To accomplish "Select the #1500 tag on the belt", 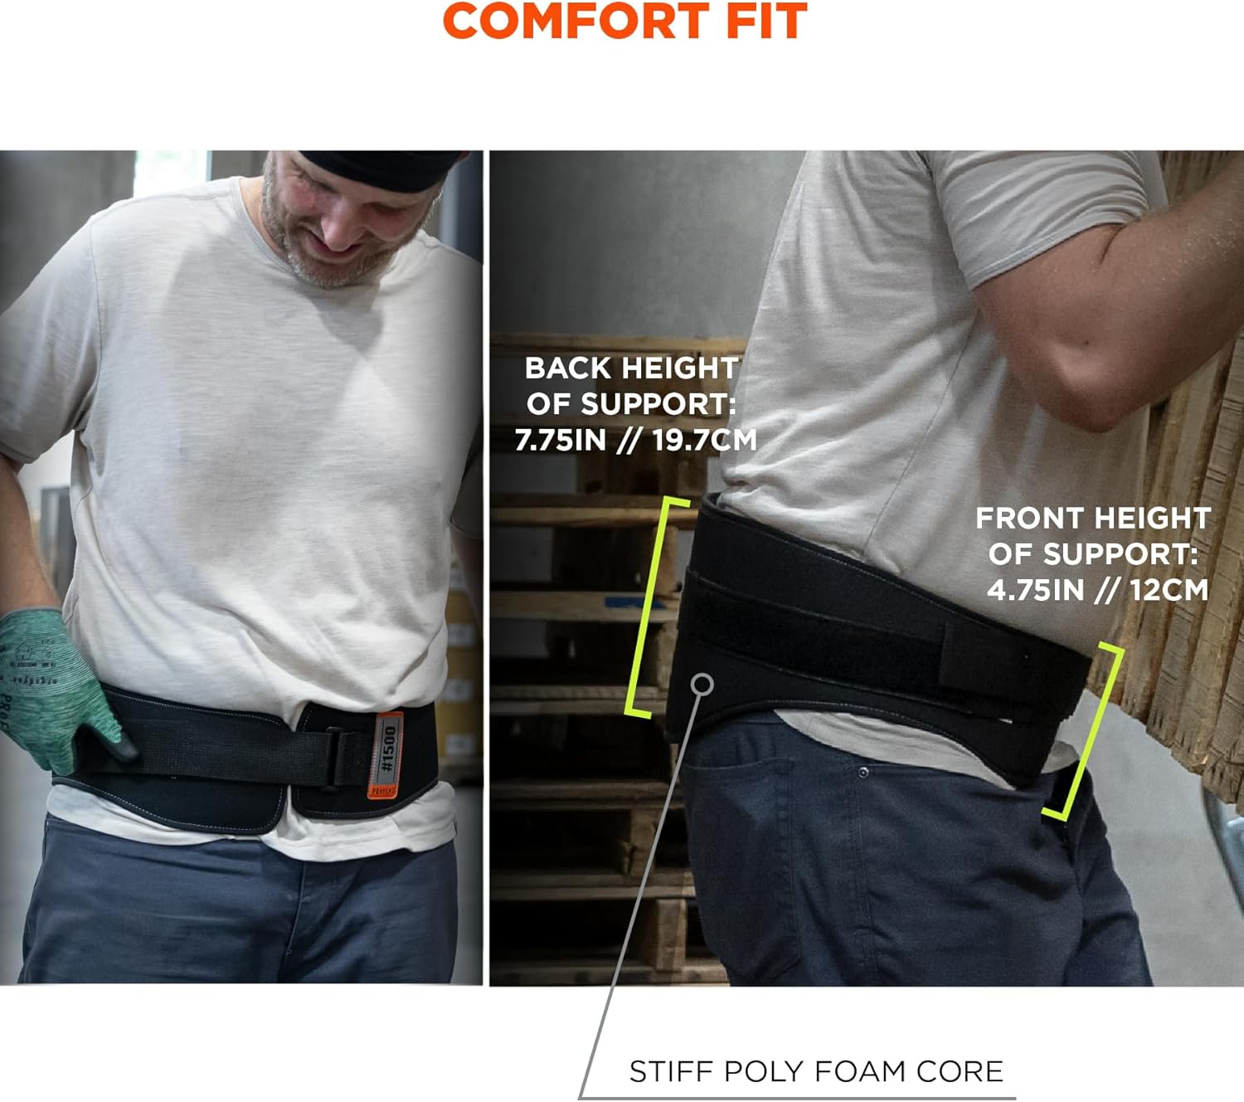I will pyautogui.click(x=387, y=748).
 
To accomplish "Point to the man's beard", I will pyautogui.click(x=332, y=257).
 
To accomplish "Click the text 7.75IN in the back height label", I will pyautogui.click(x=561, y=440).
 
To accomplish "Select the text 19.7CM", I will pyautogui.click(x=704, y=440).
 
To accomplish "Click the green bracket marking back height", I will pyautogui.click(x=648, y=606).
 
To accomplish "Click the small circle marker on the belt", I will pyautogui.click(x=702, y=684).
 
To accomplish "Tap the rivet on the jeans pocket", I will pyautogui.click(x=863, y=773).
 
